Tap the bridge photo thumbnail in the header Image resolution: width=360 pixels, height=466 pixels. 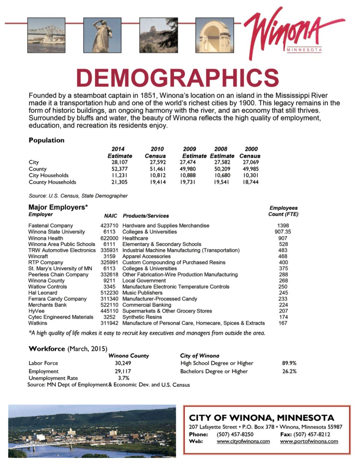(x=46, y=35)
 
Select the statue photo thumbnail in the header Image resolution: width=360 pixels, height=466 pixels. (x=102, y=35)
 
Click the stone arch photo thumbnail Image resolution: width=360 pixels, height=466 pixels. (x=214, y=35)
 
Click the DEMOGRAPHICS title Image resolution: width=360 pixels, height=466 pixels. (x=177, y=78)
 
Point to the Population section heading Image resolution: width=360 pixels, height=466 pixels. (x=46, y=140)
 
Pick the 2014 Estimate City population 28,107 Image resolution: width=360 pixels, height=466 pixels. (x=120, y=162)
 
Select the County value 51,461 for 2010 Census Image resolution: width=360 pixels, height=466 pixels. (x=158, y=169)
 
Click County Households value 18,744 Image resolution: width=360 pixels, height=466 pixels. (x=251, y=182)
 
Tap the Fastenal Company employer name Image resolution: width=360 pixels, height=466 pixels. (x=50, y=226)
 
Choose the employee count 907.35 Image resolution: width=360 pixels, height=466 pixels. (x=283, y=232)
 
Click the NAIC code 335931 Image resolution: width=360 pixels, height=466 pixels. (x=109, y=250)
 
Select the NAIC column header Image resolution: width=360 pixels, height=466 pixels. (x=111, y=216)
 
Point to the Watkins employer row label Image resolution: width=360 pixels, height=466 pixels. (x=38, y=323)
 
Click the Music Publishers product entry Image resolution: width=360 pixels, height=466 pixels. (x=142, y=293)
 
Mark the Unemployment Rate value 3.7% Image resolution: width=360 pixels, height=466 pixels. (x=123, y=378)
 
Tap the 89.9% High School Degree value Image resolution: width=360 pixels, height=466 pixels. (x=289, y=363)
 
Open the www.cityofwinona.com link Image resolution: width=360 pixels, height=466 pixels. (x=243, y=441)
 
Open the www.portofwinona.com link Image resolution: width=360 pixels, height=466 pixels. (x=309, y=441)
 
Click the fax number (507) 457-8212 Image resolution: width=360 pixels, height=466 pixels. (x=312, y=434)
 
